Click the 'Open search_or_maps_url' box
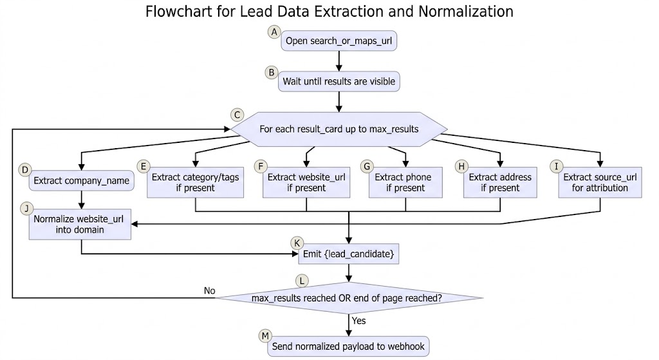[x=339, y=41]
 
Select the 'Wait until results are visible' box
[x=339, y=81]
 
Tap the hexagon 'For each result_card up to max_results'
[x=339, y=129]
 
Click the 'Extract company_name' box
[x=82, y=180]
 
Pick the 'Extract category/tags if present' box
[x=196, y=182]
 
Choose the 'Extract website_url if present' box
[x=306, y=182]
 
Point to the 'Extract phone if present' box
[x=405, y=182]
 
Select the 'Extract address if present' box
[x=500, y=182]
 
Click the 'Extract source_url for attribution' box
[x=600, y=182]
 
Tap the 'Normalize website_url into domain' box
[x=80, y=224]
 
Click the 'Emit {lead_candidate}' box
[x=348, y=254]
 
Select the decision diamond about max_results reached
[x=349, y=298]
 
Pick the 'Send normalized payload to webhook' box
[x=348, y=346]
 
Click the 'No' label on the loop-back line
[x=209, y=290]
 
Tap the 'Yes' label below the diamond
[x=359, y=321]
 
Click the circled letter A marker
[x=274, y=32]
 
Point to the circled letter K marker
[x=297, y=243]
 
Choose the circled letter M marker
[x=265, y=336]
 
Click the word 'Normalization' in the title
[x=466, y=12]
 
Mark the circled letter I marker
[x=557, y=167]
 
